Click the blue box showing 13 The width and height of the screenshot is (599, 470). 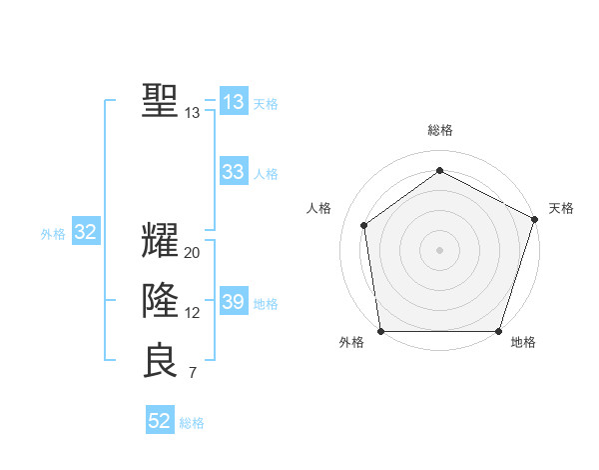pyautogui.click(x=234, y=101)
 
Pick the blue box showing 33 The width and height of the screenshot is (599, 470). pyautogui.click(x=234, y=172)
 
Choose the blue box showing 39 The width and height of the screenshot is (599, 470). pyautogui.click(x=234, y=302)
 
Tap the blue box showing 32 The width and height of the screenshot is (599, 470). pyautogui.click(x=86, y=233)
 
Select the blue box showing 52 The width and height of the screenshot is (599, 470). pyautogui.click(x=160, y=421)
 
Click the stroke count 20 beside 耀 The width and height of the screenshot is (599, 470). pyautogui.click(x=193, y=253)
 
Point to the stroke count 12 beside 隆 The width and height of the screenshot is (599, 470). pyautogui.click(x=193, y=313)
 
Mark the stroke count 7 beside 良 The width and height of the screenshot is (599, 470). pyautogui.click(x=193, y=374)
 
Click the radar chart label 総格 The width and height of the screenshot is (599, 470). pyautogui.click(x=440, y=130)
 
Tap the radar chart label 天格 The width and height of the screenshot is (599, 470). pyautogui.click(x=561, y=208)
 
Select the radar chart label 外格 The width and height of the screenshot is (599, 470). pyautogui.click(x=351, y=342)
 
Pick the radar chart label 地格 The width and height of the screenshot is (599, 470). pyautogui.click(x=523, y=342)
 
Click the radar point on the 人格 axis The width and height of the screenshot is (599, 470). pyautogui.click(x=364, y=225)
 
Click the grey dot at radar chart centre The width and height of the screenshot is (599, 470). pyautogui.click(x=440, y=250)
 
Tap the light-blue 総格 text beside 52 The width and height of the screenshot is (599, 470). pyautogui.click(x=193, y=423)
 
